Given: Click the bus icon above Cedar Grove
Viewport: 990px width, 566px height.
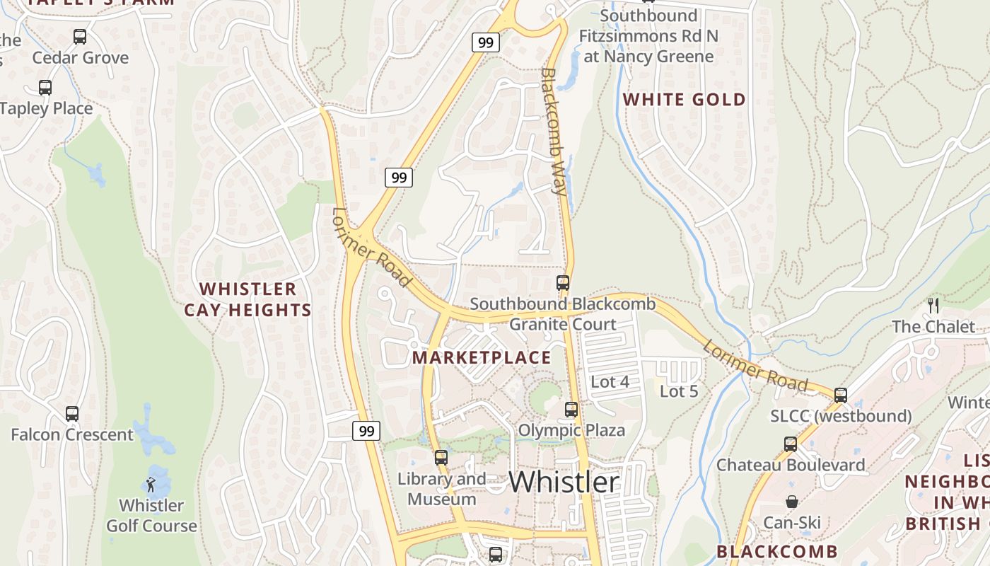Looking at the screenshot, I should click(80, 36).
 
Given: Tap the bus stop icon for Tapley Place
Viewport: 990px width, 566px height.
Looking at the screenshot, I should click(45, 88).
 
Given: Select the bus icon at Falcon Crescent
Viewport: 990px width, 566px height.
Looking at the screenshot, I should click(72, 413).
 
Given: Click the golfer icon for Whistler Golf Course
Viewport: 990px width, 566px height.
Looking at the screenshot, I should click(151, 485).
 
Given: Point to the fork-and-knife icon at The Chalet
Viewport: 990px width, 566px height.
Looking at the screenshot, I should click(933, 306).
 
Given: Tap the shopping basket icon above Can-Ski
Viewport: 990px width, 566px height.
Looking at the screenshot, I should click(792, 502).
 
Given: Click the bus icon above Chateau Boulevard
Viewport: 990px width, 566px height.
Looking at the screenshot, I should click(791, 444).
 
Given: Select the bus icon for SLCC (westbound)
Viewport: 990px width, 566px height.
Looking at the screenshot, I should click(841, 395).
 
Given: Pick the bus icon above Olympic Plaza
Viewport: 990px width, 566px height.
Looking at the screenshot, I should click(571, 409).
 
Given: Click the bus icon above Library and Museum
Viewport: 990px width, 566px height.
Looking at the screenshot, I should click(441, 457).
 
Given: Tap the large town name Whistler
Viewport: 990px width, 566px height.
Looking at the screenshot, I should click(564, 483).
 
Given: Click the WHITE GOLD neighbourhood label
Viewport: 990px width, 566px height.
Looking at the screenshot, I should click(684, 100).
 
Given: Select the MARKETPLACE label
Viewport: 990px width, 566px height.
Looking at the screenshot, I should click(482, 358).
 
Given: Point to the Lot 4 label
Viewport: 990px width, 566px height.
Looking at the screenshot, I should click(610, 382).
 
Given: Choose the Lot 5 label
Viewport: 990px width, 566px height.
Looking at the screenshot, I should click(679, 391).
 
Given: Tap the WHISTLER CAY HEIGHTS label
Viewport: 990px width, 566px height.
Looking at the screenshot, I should click(248, 299).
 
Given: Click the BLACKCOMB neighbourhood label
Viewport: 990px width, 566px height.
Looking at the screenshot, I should click(777, 552).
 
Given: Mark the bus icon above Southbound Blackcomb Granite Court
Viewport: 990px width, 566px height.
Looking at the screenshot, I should click(563, 283).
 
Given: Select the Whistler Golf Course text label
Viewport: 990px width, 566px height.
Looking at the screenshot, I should click(151, 516).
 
